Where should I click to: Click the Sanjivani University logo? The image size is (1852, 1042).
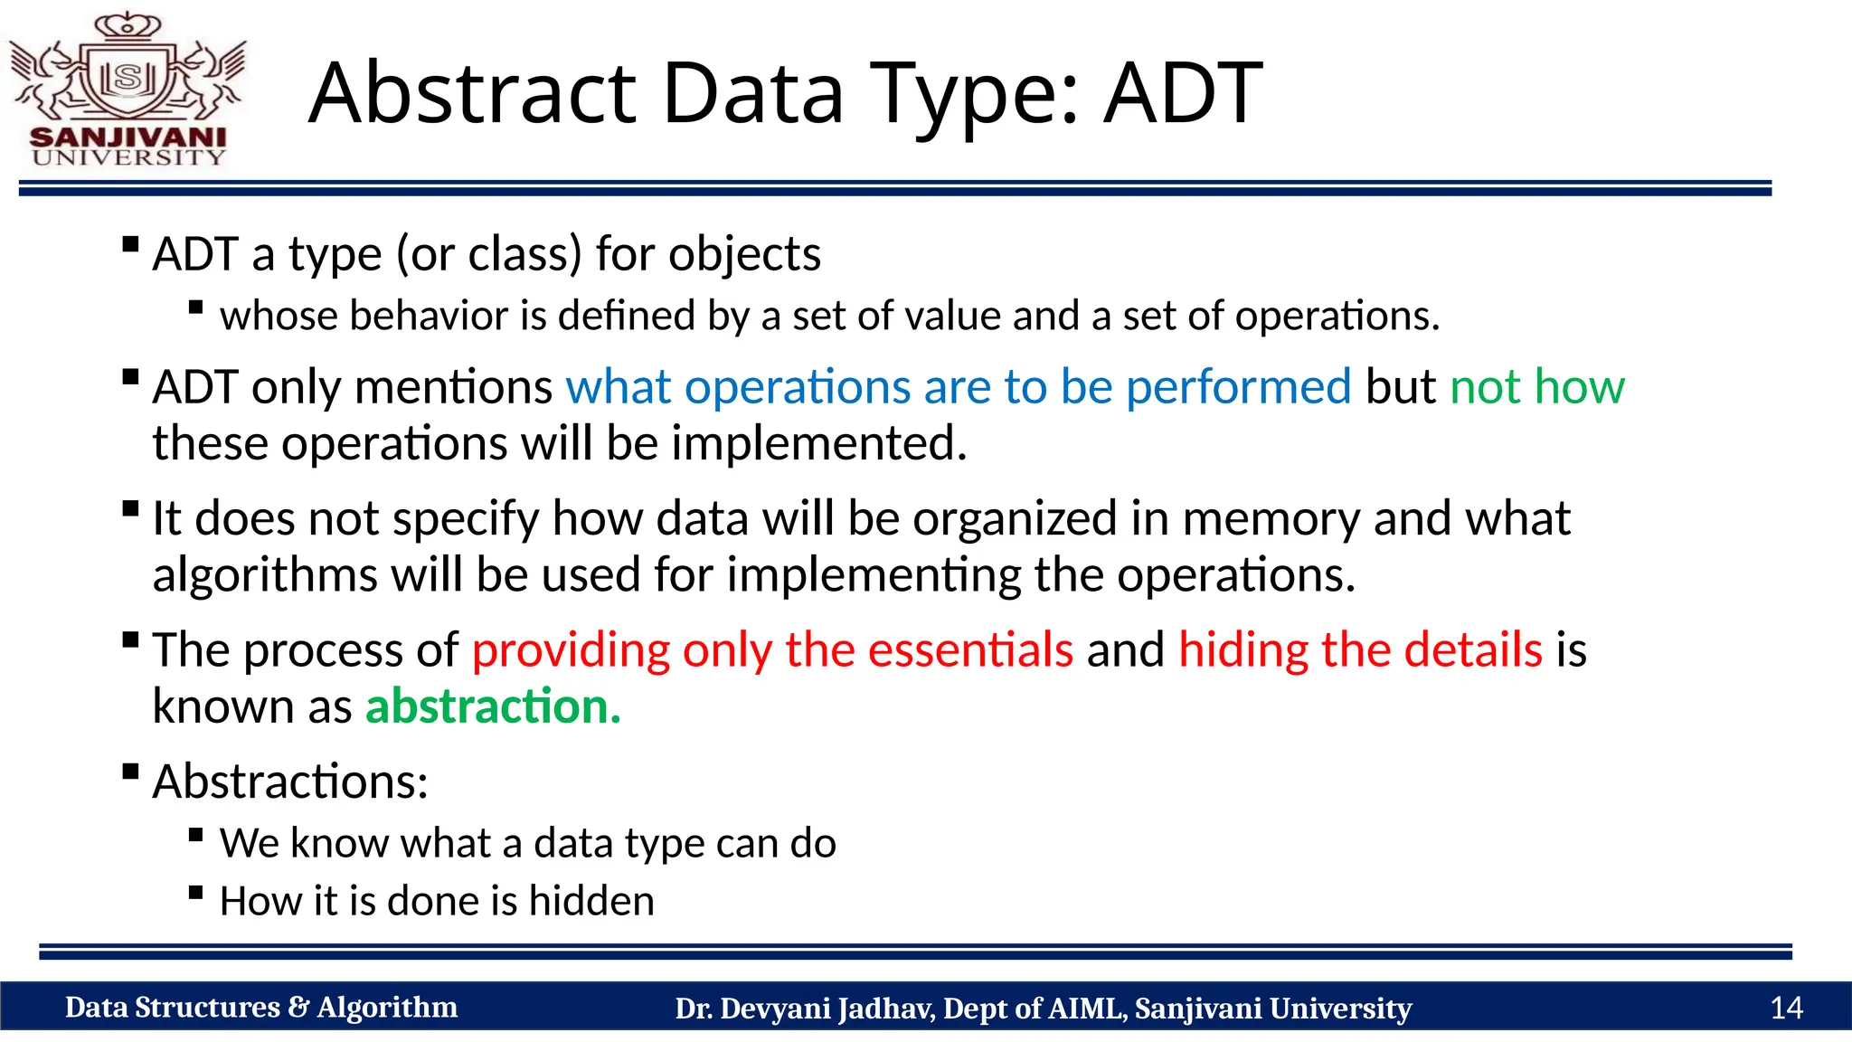128,90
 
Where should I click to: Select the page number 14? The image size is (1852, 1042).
1786,1008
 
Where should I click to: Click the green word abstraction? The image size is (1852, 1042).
493,706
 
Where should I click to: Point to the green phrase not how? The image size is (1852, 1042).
1537,387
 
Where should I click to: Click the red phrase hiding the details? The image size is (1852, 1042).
1360,650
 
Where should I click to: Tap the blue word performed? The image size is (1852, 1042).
1238,387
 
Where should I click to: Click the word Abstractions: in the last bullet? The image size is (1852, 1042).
290,781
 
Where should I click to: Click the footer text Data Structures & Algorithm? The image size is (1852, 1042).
261,1008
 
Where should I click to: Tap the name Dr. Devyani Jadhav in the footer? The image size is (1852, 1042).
804,1009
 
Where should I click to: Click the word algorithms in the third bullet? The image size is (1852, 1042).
265,575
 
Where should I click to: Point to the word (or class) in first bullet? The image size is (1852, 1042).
489,254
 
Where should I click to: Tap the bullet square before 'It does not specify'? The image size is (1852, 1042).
131,508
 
